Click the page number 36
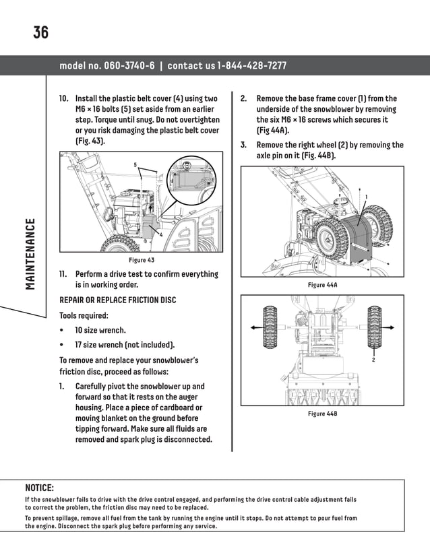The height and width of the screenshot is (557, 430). (x=40, y=32)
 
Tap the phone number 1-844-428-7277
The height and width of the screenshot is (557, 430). (x=252, y=66)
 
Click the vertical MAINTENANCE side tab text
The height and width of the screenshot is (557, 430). (x=30, y=254)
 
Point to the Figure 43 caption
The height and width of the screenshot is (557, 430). (x=142, y=260)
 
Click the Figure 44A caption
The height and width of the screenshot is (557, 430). (x=321, y=286)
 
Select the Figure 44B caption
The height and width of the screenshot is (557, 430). (x=321, y=413)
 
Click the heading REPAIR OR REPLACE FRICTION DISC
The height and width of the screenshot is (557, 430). (x=117, y=300)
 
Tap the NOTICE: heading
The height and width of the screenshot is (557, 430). (x=39, y=487)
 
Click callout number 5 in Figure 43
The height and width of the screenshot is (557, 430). (x=135, y=165)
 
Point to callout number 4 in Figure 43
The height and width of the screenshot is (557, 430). (x=161, y=234)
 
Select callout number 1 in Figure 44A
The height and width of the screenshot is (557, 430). (x=366, y=196)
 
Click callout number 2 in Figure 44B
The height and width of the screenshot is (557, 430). (x=373, y=361)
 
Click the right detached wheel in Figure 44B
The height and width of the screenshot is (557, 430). (x=373, y=326)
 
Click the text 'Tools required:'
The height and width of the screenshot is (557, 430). (x=84, y=315)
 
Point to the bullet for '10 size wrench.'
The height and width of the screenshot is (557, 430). (x=62, y=331)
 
